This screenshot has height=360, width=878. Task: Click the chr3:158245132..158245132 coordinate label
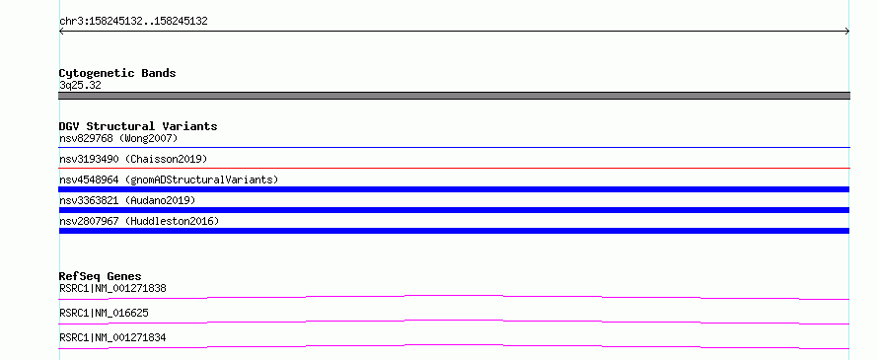point(133,22)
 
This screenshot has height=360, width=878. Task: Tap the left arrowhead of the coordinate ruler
point(61,32)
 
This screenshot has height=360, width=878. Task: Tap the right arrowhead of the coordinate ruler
point(847,32)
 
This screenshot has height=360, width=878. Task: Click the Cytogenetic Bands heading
point(117,73)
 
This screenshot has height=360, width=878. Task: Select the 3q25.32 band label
point(80,86)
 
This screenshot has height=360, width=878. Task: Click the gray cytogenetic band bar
point(454,96)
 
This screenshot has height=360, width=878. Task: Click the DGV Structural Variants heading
point(138,126)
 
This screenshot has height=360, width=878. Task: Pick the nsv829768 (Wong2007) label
point(118,138)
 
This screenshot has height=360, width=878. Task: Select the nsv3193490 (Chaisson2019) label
point(133,159)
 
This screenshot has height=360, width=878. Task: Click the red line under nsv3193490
point(454,168)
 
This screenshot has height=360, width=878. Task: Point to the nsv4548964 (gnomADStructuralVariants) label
point(169,180)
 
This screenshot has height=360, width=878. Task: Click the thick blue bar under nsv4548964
point(454,189)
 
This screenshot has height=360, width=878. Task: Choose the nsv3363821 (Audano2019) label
point(127,200)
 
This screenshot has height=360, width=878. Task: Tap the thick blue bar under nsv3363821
point(454,210)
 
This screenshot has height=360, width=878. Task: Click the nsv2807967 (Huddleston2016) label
point(139,221)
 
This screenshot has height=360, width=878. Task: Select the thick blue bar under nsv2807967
point(454,231)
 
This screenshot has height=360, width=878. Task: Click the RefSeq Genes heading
point(101,276)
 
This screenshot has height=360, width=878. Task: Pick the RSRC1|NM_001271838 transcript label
point(112,289)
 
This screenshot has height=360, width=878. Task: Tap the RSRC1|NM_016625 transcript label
point(104,313)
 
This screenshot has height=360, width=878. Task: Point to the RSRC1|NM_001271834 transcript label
point(112,337)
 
